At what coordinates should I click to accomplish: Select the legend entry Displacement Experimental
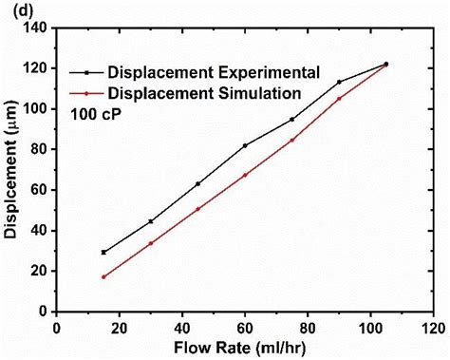click(212, 72)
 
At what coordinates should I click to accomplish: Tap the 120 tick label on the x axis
click(432, 326)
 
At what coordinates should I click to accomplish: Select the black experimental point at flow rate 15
click(103, 252)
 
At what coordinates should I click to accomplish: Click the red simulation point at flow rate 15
click(103, 276)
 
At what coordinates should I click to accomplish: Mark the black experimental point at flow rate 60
click(245, 145)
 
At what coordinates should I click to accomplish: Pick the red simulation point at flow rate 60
click(245, 175)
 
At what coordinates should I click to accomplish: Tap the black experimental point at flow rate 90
click(339, 82)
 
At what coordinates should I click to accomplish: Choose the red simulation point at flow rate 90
click(339, 99)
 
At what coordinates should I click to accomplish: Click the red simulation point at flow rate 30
click(151, 243)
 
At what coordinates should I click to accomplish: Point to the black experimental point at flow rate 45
click(197, 183)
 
